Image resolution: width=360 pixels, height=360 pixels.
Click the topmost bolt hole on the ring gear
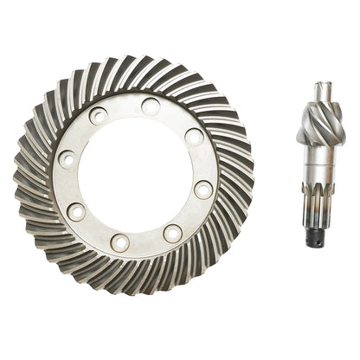tap(151, 106)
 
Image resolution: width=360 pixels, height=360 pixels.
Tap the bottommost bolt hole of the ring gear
tap(120, 242)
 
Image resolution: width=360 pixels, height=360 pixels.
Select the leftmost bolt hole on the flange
tap(66, 159)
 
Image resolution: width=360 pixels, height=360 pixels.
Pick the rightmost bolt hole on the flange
tap(204, 190)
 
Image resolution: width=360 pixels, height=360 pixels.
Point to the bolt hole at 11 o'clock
tap(98, 115)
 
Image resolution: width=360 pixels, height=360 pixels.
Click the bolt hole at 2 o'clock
tap(194, 136)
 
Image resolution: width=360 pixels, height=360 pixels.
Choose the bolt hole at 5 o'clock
tap(172, 233)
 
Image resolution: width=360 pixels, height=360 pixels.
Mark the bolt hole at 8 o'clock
tap(77, 211)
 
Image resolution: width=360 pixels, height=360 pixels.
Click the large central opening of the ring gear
tap(134, 175)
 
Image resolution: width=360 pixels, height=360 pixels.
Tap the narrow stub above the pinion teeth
tap(324, 97)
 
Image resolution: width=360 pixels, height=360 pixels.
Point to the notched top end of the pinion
tap(324, 86)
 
